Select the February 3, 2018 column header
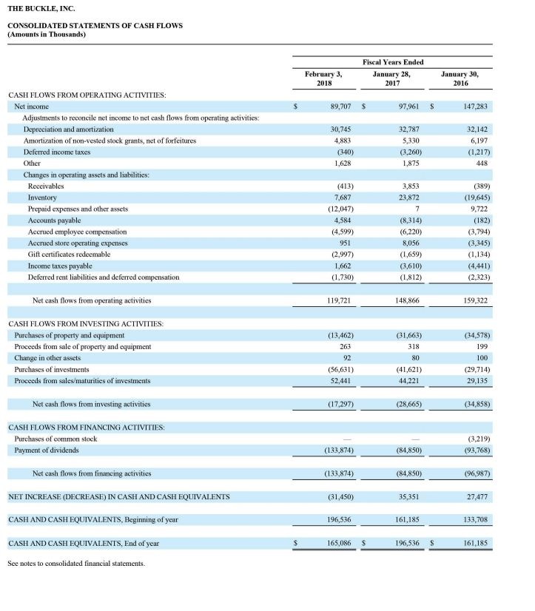point(323,78)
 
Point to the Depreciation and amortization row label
point(69,129)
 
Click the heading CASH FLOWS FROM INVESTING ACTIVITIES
point(86,324)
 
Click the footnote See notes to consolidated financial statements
point(76,564)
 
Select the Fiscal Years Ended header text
point(393,62)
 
